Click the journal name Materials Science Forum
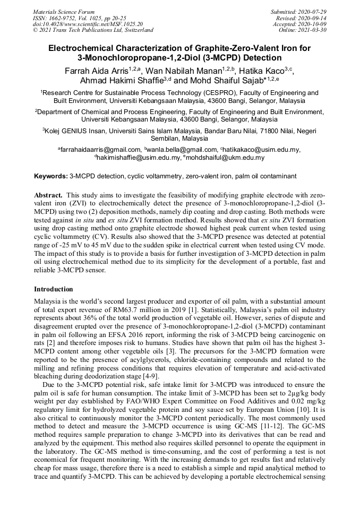pos(64,11)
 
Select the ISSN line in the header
pos(84,18)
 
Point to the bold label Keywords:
pos(51,176)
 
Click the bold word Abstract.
pos(49,195)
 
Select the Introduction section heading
pos(54,289)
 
